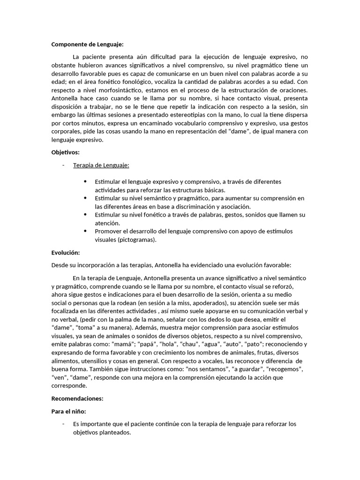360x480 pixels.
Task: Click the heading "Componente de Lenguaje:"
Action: click(87, 45)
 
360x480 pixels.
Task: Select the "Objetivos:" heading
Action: click(66, 152)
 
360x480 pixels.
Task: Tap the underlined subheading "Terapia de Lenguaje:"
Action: click(101, 165)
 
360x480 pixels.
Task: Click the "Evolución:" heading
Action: click(66, 252)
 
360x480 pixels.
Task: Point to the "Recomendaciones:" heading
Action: click(77, 398)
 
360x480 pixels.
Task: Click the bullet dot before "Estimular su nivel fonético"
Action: click(85, 215)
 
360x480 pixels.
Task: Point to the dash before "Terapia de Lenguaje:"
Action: click(63, 165)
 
